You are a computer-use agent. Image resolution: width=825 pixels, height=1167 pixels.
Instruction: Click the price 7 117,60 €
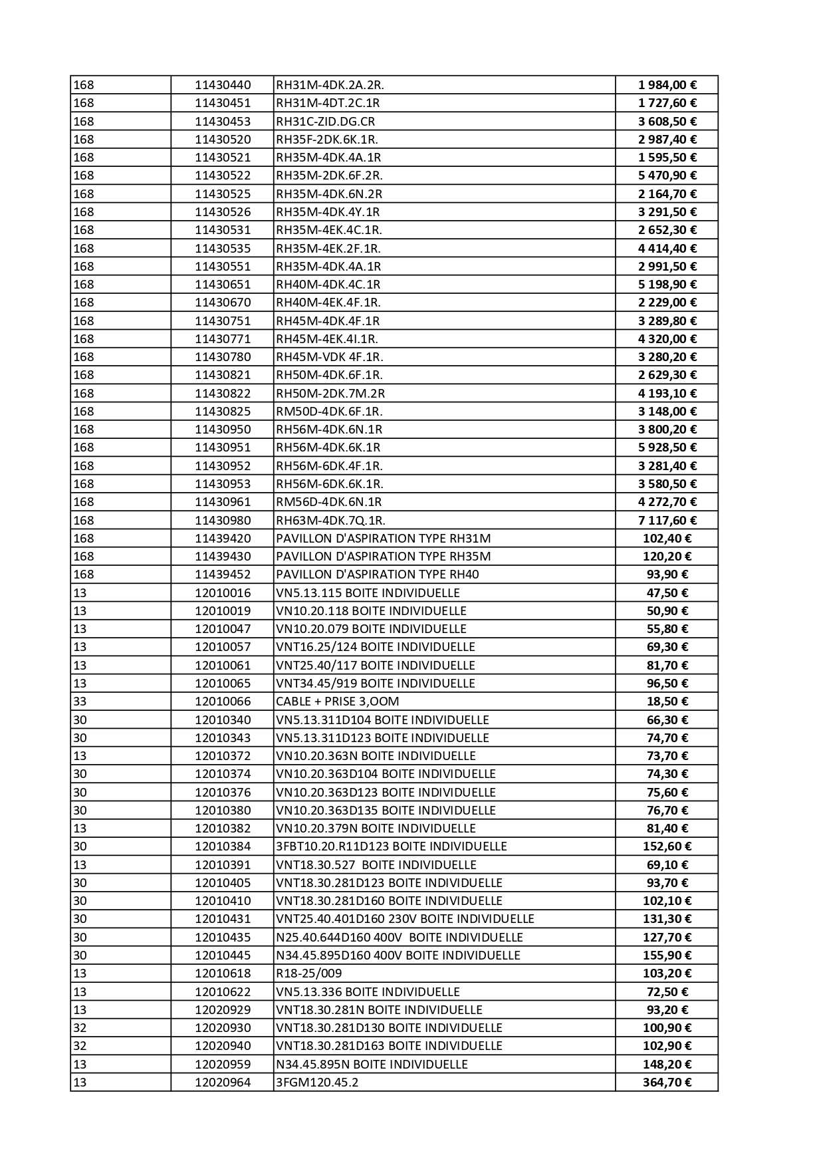pos(667,520)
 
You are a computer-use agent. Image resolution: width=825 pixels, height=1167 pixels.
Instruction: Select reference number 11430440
pos(223,85)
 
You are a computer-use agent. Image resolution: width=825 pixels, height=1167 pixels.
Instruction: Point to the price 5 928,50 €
pos(667,448)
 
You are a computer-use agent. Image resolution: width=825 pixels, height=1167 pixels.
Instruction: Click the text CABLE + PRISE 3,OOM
pos(337,702)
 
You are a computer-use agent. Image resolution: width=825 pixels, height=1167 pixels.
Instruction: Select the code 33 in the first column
pos(80,702)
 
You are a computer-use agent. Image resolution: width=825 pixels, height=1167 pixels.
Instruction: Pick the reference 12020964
pos(223,1083)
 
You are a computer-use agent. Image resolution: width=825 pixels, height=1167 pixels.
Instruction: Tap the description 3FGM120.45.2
pos(317,1083)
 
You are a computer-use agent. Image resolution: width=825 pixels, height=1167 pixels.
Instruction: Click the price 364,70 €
pos(667,1083)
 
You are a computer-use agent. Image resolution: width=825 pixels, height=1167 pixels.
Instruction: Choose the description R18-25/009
pos(308,973)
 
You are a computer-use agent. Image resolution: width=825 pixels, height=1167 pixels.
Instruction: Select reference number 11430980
pos(223,520)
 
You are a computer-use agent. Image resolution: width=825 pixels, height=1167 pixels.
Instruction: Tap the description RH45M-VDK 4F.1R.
pos(329,357)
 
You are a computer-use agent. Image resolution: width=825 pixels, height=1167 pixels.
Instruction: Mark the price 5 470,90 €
pos(667,176)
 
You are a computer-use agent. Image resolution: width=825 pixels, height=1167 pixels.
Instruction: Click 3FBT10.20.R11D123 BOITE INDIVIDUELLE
pos(391,846)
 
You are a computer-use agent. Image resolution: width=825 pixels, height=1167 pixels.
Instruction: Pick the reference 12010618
pos(223,973)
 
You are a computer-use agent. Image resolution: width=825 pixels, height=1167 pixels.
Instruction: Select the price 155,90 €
pos(667,956)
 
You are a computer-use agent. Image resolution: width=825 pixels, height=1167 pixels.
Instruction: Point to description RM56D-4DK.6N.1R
pos(328,502)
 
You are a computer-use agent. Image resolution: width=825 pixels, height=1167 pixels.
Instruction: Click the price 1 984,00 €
pos(667,85)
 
